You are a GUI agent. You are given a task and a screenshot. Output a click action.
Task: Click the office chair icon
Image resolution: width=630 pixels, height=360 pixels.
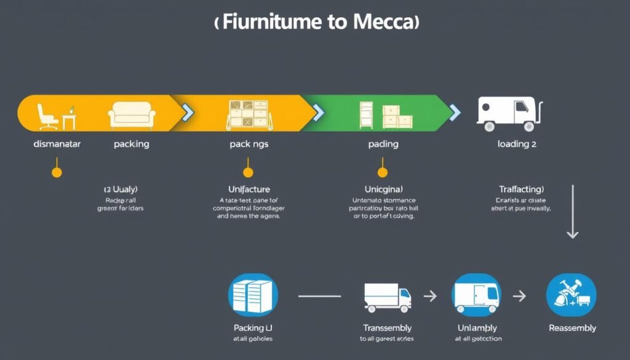coord(47,116)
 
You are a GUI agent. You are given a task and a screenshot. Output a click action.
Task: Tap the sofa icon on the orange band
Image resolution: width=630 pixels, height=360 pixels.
coord(132,116)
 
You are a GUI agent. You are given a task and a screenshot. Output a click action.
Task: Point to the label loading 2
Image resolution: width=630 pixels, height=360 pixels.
coord(517,144)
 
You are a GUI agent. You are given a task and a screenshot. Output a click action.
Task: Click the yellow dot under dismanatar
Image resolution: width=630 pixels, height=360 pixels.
coord(57,172)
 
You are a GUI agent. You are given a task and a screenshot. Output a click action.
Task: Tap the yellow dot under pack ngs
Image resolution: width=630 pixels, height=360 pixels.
coord(248,172)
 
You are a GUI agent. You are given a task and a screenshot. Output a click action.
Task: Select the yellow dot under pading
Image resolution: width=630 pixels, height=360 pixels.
coord(382,172)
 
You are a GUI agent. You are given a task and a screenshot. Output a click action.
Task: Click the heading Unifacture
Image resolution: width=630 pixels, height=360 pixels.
coord(249,189)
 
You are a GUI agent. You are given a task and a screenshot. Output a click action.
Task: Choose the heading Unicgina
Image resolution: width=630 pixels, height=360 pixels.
coord(382,189)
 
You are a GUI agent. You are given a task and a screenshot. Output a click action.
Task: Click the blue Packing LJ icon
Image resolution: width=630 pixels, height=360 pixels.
coord(253,295)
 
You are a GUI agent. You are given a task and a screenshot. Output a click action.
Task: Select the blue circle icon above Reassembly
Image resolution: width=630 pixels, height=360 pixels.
coord(571,295)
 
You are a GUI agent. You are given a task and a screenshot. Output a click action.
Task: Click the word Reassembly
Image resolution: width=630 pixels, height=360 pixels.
coord(572,328)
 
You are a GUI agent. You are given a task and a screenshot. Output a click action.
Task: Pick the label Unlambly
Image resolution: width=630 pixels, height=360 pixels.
coord(477,328)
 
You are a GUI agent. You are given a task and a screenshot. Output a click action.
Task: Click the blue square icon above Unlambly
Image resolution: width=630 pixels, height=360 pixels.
coord(476,295)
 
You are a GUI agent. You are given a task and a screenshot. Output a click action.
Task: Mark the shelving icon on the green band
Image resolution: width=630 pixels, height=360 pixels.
coord(367,114)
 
